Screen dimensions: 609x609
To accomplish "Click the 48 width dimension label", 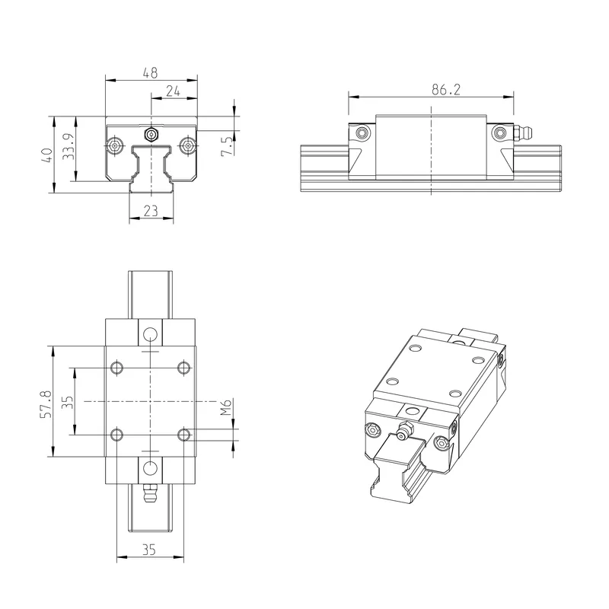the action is (x=150, y=72).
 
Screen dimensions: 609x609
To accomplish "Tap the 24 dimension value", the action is (x=174, y=91).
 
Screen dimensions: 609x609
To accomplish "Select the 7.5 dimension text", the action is (x=227, y=146).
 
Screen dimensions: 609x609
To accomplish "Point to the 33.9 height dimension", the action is (x=69, y=146).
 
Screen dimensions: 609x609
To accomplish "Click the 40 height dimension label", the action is (x=47, y=155).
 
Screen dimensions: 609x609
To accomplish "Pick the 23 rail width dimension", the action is (x=151, y=211).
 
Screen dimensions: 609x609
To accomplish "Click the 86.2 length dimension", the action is (x=446, y=90).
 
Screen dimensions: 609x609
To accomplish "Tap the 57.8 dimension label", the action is (x=46, y=404).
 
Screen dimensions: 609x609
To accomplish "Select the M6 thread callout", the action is (x=226, y=407).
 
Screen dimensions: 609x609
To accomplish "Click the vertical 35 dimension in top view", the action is (x=68, y=402).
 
